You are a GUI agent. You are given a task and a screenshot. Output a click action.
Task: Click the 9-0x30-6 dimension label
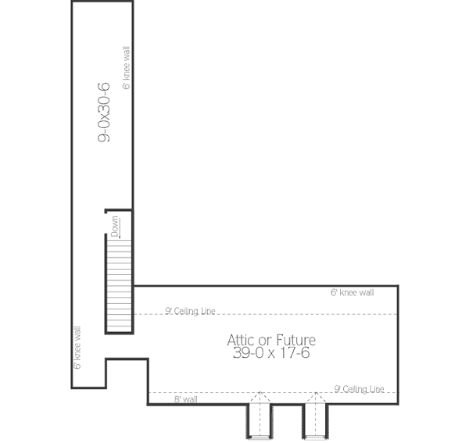tap(103, 114)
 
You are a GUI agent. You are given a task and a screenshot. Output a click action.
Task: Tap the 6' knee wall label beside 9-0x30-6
tap(126, 69)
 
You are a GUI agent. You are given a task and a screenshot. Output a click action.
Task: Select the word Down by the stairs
tap(115, 226)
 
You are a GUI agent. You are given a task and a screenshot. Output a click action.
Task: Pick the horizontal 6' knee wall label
tap(352, 293)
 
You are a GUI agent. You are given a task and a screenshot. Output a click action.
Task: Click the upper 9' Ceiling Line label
tap(190, 311)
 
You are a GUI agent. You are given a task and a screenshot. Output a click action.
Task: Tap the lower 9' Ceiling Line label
tap(360, 388)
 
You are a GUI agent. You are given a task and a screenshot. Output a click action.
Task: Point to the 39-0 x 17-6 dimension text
tap(271, 353)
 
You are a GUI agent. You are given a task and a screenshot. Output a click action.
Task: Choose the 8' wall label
tap(185, 399)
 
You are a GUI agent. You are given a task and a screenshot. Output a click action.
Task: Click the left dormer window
tap(259, 423)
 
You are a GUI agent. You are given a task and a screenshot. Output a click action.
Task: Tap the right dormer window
tap(315, 423)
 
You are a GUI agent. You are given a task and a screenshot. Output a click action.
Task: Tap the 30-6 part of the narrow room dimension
tap(103, 97)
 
